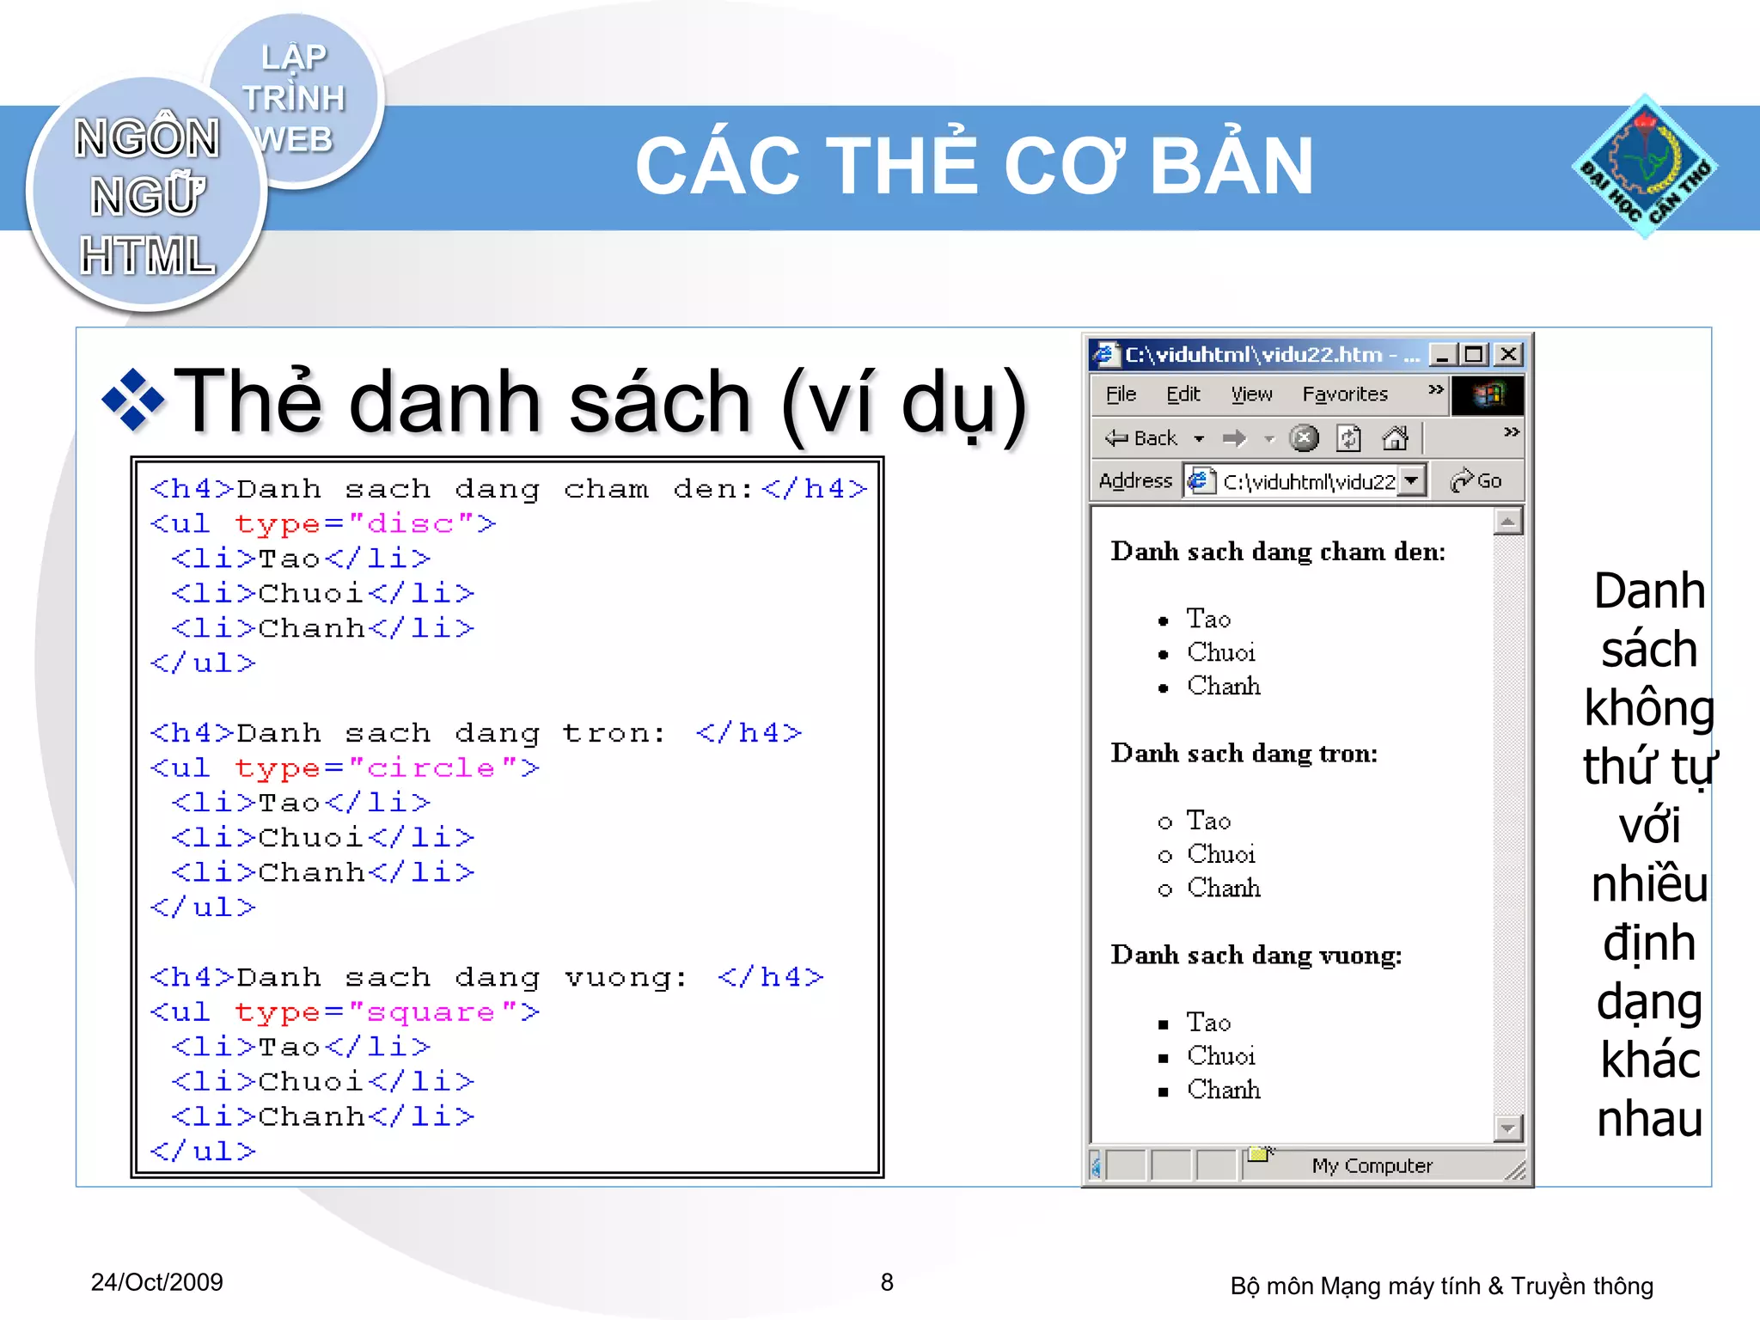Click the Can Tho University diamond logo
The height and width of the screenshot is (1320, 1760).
click(x=1644, y=167)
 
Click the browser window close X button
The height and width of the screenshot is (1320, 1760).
click(x=1508, y=354)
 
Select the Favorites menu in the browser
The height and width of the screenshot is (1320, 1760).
click(x=1344, y=394)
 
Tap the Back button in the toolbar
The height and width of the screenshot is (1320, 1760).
click(x=1142, y=438)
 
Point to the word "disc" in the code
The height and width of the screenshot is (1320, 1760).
click(x=410, y=523)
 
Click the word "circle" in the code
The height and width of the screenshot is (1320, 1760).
click(x=431, y=767)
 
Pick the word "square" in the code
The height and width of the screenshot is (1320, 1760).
click(x=431, y=1011)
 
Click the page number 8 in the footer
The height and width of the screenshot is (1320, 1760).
click(x=887, y=1282)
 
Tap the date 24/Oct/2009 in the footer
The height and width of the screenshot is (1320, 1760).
click(x=156, y=1282)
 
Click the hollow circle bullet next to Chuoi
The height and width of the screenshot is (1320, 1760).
click(x=1164, y=856)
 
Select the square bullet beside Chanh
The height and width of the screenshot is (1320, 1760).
click(x=1164, y=1092)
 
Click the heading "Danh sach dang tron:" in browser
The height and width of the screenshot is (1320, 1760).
click(x=1244, y=754)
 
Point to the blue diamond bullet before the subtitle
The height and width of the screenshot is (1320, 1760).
click(x=132, y=400)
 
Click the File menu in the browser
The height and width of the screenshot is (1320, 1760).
click(x=1121, y=394)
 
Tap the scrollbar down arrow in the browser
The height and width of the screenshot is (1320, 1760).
click(x=1508, y=1127)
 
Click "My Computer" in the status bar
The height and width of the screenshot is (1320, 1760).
click(x=1372, y=1165)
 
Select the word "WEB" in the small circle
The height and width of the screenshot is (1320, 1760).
click(x=294, y=139)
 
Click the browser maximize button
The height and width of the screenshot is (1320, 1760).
click(x=1475, y=354)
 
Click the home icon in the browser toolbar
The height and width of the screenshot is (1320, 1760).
click(x=1394, y=438)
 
